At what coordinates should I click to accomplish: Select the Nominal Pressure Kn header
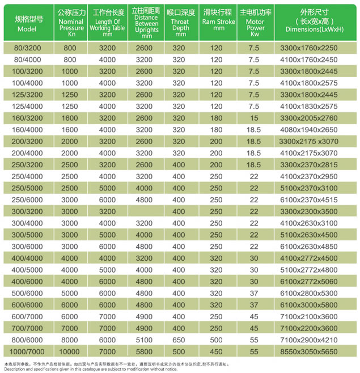70,23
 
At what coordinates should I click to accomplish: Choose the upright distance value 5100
145,341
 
